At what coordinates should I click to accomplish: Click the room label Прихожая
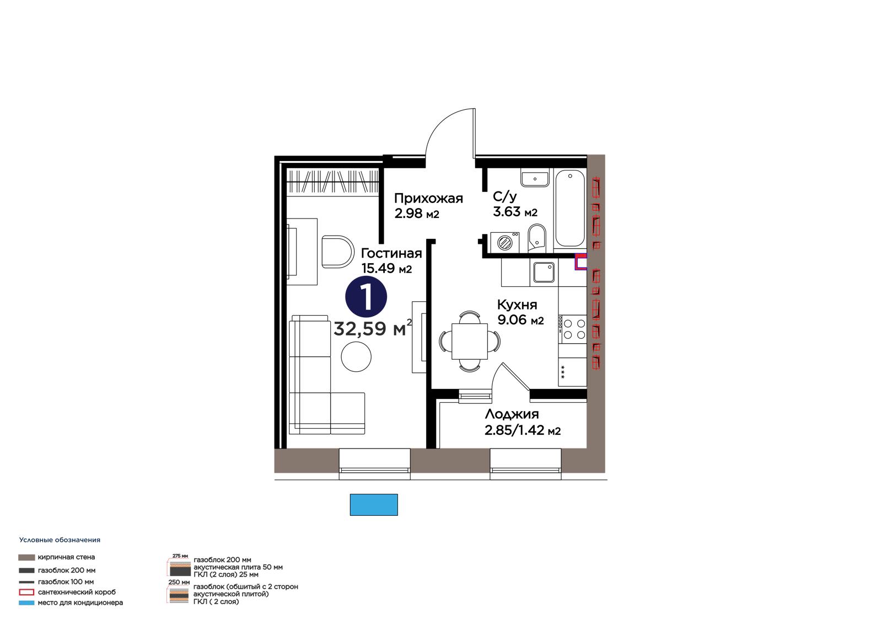(428, 198)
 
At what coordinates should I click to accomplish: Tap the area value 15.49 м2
(386, 269)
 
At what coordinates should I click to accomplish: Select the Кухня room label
(517, 305)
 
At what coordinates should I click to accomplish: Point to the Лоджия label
(512, 414)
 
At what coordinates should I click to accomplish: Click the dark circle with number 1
(366, 297)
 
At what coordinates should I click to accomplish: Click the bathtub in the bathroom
(569, 209)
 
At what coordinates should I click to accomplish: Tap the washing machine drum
(504, 242)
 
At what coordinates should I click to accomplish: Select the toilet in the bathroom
(537, 238)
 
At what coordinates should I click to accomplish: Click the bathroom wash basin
(535, 179)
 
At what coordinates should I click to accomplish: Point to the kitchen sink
(544, 273)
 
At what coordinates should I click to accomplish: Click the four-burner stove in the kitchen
(573, 329)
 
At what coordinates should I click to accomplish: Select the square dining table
(470, 340)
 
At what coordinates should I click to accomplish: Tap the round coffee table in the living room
(356, 356)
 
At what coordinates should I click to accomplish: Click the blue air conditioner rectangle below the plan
(374, 505)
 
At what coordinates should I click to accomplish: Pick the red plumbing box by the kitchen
(581, 262)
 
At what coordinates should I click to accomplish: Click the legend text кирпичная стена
(66, 557)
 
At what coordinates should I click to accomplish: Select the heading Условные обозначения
(60, 540)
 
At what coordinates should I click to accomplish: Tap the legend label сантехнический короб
(77, 592)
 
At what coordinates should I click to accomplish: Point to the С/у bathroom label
(504, 196)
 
